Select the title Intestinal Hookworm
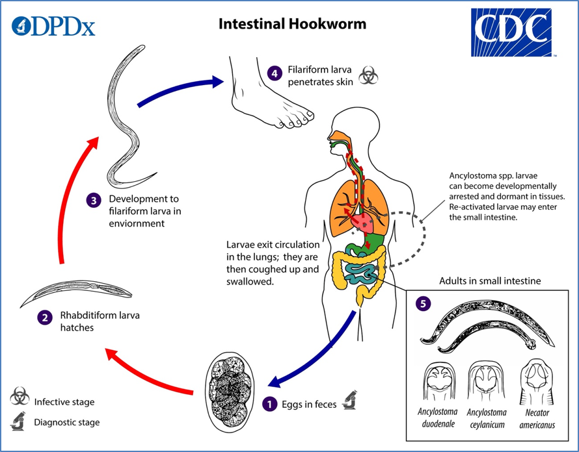292,24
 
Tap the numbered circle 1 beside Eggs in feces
269,404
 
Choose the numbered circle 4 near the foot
276,73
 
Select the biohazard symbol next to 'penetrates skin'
368,77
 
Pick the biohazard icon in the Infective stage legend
19,397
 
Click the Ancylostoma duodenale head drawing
438,380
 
